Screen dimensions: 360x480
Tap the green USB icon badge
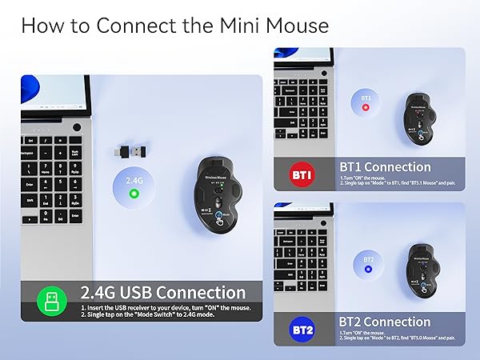50,302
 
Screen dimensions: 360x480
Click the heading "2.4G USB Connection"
162,293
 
